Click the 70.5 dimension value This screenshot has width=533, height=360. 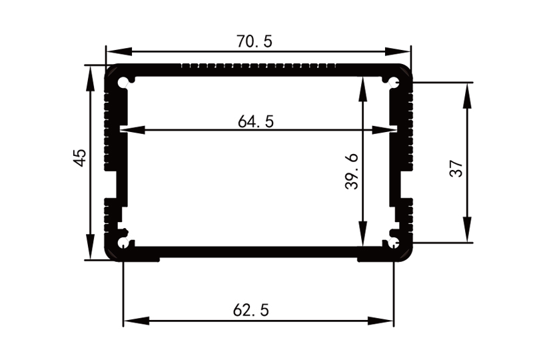point(254,41)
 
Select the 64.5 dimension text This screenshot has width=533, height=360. point(256,121)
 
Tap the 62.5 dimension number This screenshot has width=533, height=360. point(251,310)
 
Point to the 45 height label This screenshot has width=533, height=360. point(79,158)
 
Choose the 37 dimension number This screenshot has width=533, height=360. point(456,169)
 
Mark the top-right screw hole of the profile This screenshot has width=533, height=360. point(394,83)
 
